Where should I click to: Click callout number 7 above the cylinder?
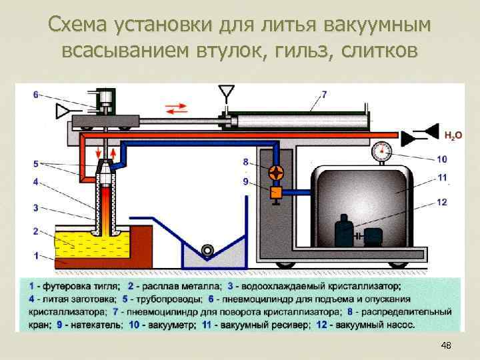point(324,94)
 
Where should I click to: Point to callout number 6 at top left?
point(36,94)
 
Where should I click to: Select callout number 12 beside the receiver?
point(442,201)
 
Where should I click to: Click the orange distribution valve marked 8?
point(275,173)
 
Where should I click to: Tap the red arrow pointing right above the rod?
point(182,107)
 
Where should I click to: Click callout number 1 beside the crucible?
point(36,255)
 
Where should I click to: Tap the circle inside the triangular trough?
point(208,249)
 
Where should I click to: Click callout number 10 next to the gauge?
point(442,159)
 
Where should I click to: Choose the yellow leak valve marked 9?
point(275,193)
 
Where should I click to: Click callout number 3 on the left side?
point(36,207)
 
